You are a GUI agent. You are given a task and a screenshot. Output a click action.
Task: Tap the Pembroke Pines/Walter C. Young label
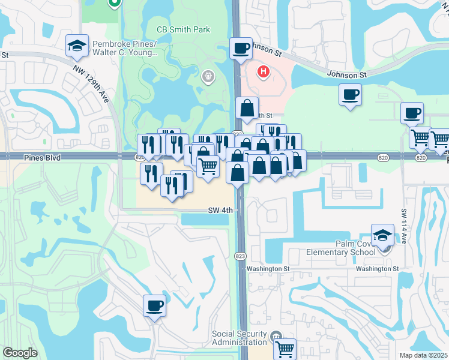[124, 48]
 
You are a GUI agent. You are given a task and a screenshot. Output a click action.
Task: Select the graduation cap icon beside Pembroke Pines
[77, 46]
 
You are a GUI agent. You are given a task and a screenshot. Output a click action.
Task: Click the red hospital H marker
[262, 73]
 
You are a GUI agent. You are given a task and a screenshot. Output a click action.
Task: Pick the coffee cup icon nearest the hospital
[241, 48]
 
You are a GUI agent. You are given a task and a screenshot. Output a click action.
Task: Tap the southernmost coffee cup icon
[154, 306]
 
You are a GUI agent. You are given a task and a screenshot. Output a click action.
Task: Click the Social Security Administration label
[239, 338]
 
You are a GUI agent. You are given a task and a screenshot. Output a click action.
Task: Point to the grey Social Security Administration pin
[275, 335]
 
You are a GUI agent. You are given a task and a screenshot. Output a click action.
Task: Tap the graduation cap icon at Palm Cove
[382, 235]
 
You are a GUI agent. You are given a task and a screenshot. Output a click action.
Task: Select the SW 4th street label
[220, 211]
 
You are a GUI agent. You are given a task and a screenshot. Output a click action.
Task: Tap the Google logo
[20, 353]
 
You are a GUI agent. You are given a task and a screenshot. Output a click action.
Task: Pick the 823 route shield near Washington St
[241, 256]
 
